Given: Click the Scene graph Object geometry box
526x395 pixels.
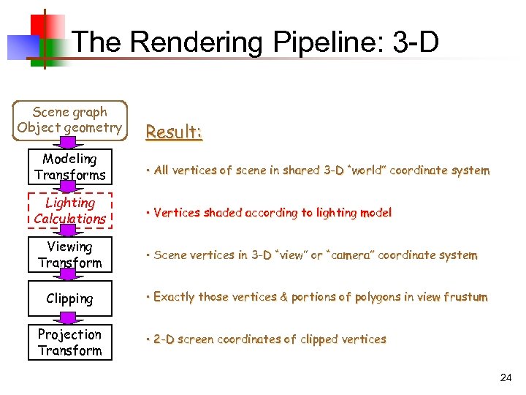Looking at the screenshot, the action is [x=70, y=120].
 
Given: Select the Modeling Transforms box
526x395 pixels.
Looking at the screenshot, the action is [x=70, y=167].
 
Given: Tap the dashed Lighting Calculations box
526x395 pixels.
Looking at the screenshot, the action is [x=70, y=211].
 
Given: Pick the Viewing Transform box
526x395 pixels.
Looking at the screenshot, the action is [x=70, y=255].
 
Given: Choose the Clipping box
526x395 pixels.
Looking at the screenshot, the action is [x=70, y=298].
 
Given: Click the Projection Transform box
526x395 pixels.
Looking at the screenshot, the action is [x=70, y=342].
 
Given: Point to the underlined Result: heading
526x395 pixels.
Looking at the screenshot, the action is [x=173, y=132].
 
